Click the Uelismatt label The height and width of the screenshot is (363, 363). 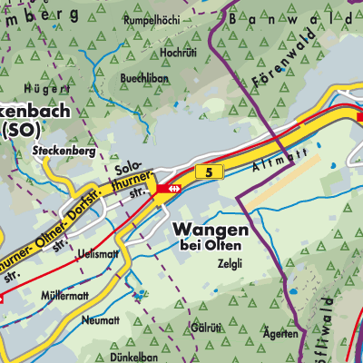pos(99,253)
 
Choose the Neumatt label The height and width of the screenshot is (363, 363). pos(100,320)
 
